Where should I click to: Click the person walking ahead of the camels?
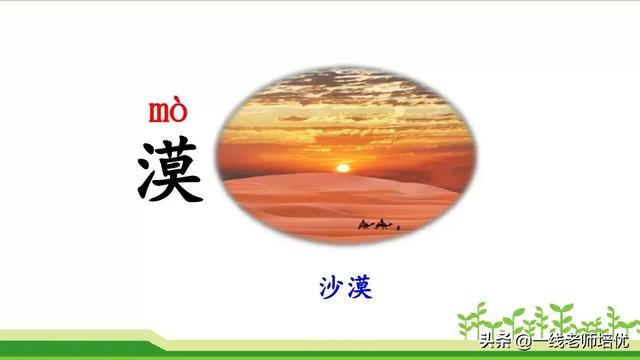click(398, 227)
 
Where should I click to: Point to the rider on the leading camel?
click(382, 220)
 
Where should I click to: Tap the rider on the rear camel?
click(363, 221)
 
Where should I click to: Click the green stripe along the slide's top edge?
click(320, 3)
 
